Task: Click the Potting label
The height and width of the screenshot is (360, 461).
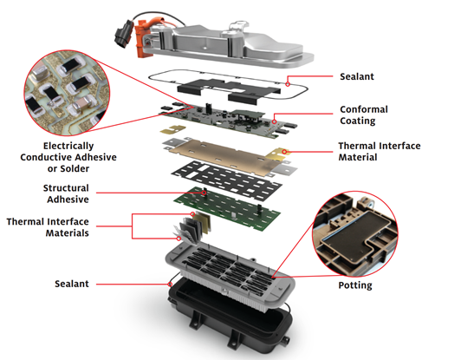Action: pyautogui.click(x=355, y=285)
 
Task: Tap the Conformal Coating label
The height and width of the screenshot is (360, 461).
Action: pyautogui.click(x=364, y=115)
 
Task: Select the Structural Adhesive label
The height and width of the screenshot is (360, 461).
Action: pyautogui.click(x=66, y=193)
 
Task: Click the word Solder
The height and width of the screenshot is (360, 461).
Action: pyautogui.click(x=75, y=168)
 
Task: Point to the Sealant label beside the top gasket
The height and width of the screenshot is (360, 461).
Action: pyautogui.click(x=357, y=76)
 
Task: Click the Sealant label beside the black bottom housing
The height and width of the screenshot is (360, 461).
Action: pyautogui.click(x=72, y=284)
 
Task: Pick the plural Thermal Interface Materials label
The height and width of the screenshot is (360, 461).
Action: pyautogui.click(x=48, y=227)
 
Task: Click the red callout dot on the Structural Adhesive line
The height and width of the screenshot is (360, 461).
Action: pyautogui.click(x=204, y=193)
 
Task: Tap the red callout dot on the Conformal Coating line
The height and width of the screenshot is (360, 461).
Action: pyautogui.click(x=274, y=121)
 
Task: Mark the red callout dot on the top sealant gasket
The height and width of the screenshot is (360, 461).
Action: pyautogui.click(x=288, y=84)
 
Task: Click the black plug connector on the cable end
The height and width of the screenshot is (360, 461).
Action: pyautogui.click(x=122, y=35)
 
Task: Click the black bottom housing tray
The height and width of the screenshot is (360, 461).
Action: pyautogui.click(x=230, y=317)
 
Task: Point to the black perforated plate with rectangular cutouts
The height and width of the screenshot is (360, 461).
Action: pyautogui.click(x=227, y=180)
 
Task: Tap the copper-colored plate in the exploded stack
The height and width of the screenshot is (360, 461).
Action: pyautogui.click(x=224, y=155)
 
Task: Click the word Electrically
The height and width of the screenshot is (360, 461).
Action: pyautogui.click(x=68, y=146)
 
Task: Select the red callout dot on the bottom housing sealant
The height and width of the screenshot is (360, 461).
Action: pyautogui.click(x=170, y=284)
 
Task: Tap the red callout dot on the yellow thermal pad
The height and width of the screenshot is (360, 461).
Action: pyautogui.click(x=284, y=152)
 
